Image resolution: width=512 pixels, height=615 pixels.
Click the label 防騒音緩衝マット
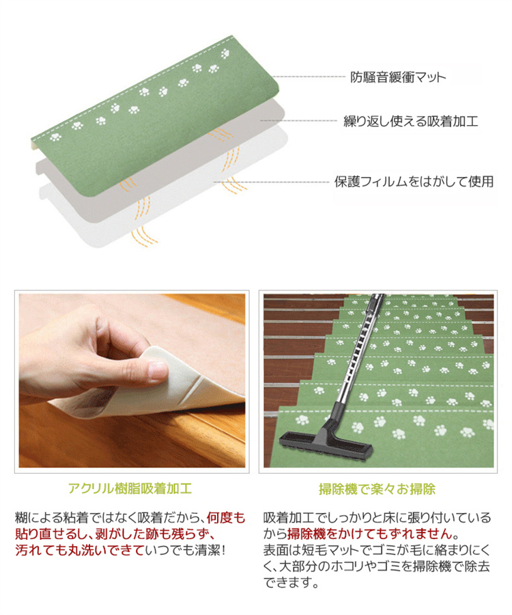(398, 77)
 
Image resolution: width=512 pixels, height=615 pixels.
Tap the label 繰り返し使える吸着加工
(411, 121)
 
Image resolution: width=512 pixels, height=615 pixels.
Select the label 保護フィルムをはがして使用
(414, 182)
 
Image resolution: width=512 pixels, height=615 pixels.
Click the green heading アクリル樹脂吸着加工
(130, 489)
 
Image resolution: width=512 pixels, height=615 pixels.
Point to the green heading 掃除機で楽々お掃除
(378, 489)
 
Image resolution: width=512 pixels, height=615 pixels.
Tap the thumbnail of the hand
(132, 381)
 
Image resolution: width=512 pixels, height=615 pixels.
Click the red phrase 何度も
(226, 518)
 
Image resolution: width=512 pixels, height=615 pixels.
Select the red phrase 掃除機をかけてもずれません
(370, 534)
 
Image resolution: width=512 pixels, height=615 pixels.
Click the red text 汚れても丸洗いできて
(80, 550)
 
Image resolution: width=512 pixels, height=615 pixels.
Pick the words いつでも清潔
(182, 550)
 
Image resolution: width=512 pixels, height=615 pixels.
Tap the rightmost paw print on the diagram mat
(225, 53)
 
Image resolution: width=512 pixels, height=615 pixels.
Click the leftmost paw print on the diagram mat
(55, 137)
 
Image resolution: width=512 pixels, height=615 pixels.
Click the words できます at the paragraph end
(287, 583)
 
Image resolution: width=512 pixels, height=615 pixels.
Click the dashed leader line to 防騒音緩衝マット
(309, 77)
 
